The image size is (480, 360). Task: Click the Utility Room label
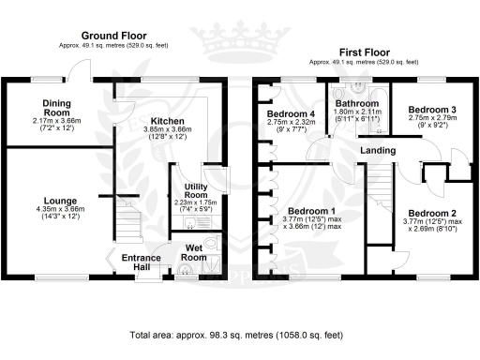(195, 191)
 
